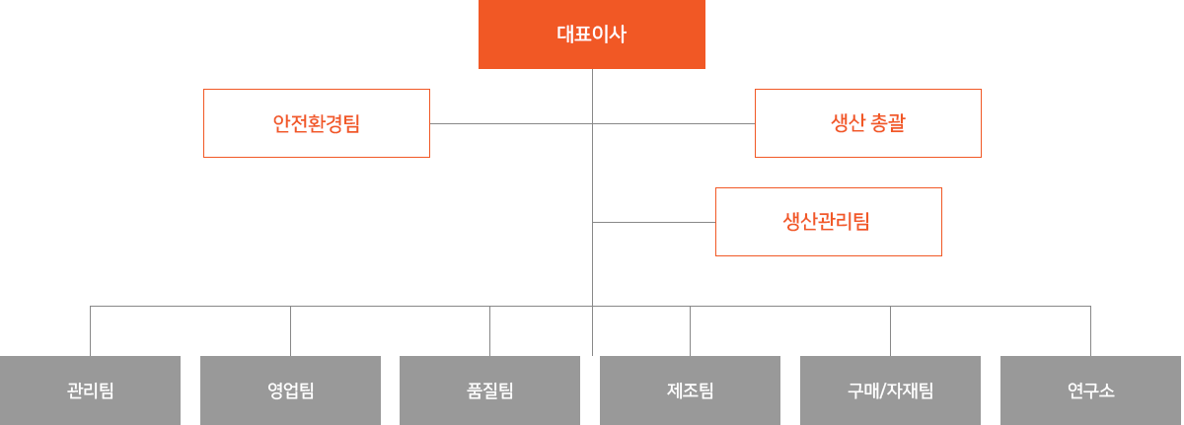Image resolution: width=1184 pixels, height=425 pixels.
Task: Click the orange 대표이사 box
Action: [591, 35]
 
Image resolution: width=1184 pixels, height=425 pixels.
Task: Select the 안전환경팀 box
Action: [316, 123]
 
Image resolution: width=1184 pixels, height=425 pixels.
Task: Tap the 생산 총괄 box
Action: [867, 123]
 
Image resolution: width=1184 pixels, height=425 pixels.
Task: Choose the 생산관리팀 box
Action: [828, 222]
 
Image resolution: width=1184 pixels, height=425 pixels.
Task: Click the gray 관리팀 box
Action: [90, 390]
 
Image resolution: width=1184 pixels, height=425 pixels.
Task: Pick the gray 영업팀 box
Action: [290, 390]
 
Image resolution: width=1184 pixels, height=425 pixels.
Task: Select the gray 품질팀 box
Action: [489, 390]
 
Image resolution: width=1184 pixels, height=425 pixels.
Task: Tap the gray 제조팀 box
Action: [690, 390]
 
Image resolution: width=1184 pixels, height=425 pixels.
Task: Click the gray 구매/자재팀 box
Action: [890, 390]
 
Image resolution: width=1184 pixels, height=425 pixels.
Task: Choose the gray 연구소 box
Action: [1090, 390]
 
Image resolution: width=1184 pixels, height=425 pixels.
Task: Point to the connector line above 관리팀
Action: [90, 331]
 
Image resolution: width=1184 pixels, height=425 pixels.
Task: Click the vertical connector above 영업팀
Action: [290, 331]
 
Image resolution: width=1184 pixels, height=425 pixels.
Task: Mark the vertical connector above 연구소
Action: [1090, 331]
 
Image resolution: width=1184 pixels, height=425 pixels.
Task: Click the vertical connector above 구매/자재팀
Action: [890, 331]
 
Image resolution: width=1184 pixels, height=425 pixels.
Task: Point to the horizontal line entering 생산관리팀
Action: [653, 222]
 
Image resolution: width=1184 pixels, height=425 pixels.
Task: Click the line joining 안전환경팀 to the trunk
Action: [511, 123]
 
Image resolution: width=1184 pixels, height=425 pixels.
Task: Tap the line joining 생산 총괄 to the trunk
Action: [674, 123]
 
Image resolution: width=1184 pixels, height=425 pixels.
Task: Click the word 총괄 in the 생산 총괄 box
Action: [889, 123]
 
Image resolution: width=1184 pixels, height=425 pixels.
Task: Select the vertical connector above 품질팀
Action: [489, 331]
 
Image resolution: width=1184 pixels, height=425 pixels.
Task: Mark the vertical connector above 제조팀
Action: [690, 331]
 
